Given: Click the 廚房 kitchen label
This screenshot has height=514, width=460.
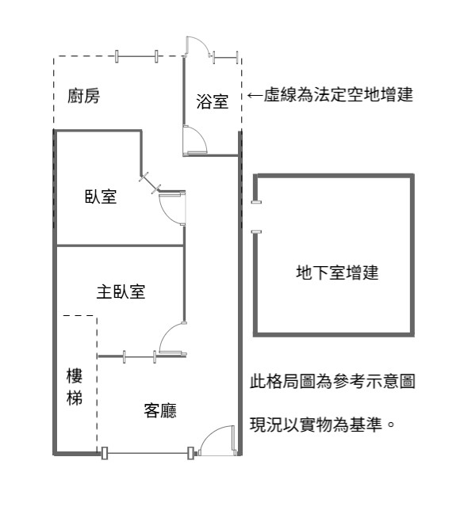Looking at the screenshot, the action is (x=83, y=96).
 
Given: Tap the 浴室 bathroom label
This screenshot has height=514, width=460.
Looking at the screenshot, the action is (x=212, y=101).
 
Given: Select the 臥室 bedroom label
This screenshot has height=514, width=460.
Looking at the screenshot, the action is (x=101, y=196).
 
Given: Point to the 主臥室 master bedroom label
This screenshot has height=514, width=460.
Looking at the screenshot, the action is (x=121, y=291).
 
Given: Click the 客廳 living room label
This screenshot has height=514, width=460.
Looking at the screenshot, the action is (x=160, y=410).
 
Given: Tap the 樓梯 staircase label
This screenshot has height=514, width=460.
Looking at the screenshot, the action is (x=75, y=386).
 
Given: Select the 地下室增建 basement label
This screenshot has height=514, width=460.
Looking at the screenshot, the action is (x=337, y=272).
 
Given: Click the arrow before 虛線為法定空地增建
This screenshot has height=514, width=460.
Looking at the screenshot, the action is (x=255, y=95).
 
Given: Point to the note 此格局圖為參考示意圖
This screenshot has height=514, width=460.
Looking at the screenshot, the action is (x=332, y=381).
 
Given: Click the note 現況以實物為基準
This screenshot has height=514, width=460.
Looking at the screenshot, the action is (x=322, y=425).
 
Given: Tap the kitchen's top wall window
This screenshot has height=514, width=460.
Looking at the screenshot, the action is (x=136, y=56).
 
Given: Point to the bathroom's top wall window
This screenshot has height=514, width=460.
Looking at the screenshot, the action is (x=225, y=58).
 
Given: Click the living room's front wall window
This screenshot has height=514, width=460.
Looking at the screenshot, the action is (x=147, y=453).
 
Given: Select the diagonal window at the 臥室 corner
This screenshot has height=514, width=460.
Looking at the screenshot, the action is (x=150, y=183).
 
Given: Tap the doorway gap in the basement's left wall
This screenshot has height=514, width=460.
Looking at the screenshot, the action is (x=255, y=217).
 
